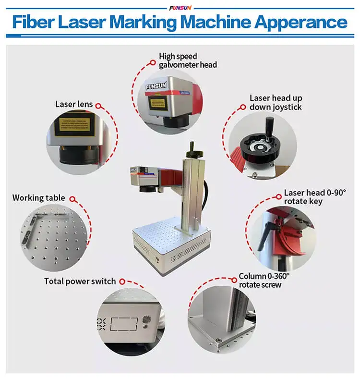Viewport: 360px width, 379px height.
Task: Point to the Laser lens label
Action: pos(74,104)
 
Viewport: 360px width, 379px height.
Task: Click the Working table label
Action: pos(38,198)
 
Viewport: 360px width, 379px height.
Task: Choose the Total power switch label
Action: pos(80,281)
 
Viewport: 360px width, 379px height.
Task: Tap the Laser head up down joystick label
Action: pos(276,102)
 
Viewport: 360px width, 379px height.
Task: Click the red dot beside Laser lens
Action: pos(98,104)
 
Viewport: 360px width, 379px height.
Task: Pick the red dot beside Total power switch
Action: pos(122,281)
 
